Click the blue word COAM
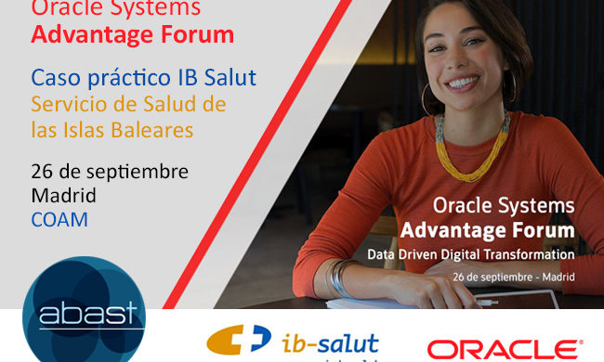(x=59, y=220)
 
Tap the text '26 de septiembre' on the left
(x=110, y=172)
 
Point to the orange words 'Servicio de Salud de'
(x=129, y=103)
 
